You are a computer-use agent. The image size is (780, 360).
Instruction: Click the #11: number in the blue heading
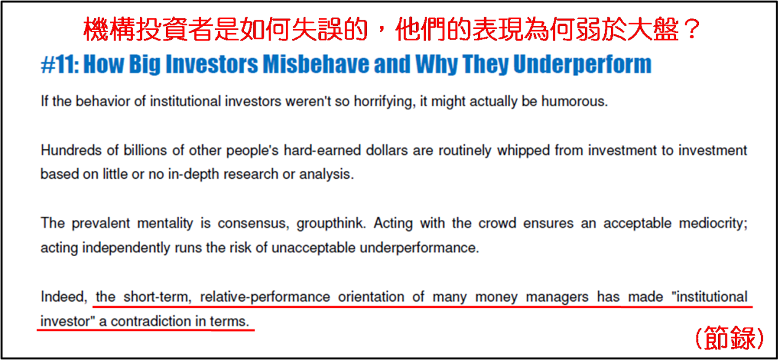click(x=60, y=65)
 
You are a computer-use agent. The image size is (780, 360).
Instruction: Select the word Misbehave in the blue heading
click(x=315, y=64)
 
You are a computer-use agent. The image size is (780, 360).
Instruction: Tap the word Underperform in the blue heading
click(x=582, y=65)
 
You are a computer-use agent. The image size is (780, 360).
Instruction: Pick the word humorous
click(x=575, y=101)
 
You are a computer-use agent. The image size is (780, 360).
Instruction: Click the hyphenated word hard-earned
click(x=322, y=151)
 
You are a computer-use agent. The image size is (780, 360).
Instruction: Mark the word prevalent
click(x=101, y=223)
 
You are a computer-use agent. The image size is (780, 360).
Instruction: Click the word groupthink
click(x=331, y=224)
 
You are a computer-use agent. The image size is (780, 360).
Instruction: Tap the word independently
click(x=126, y=248)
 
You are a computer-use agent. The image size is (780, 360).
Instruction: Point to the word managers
click(x=557, y=297)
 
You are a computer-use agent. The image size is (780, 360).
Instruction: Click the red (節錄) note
click(x=730, y=338)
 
